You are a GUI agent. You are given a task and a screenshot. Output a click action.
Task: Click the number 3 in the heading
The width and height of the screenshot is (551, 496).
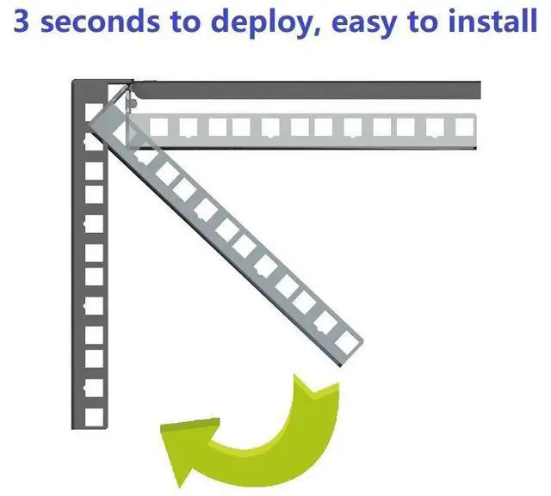point(24,21)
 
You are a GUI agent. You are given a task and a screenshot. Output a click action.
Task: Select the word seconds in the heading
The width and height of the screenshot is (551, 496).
point(96,21)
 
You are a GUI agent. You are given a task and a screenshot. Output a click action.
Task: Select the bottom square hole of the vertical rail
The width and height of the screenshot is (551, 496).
point(94,414)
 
